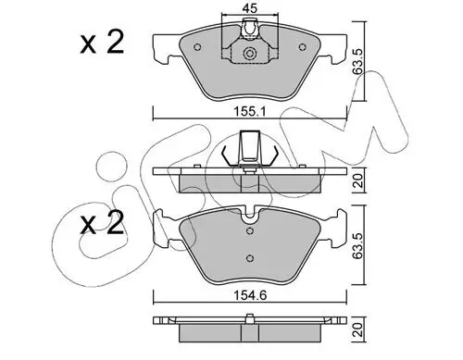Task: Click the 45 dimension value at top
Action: [x=249, y=8]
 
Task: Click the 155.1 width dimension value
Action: [x=250, y=111]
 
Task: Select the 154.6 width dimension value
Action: [x=250, y=296]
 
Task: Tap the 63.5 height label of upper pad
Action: [x=358, y=61]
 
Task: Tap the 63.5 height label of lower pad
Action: [x=358, y=246]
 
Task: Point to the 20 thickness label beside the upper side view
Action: [x=358, y=180]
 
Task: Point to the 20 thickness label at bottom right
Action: [x=358, y=329]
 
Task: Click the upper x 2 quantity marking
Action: [x=102, y=43]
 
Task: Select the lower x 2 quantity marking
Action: [x=102, y=223]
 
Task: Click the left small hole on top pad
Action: [x=197, y=47]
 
